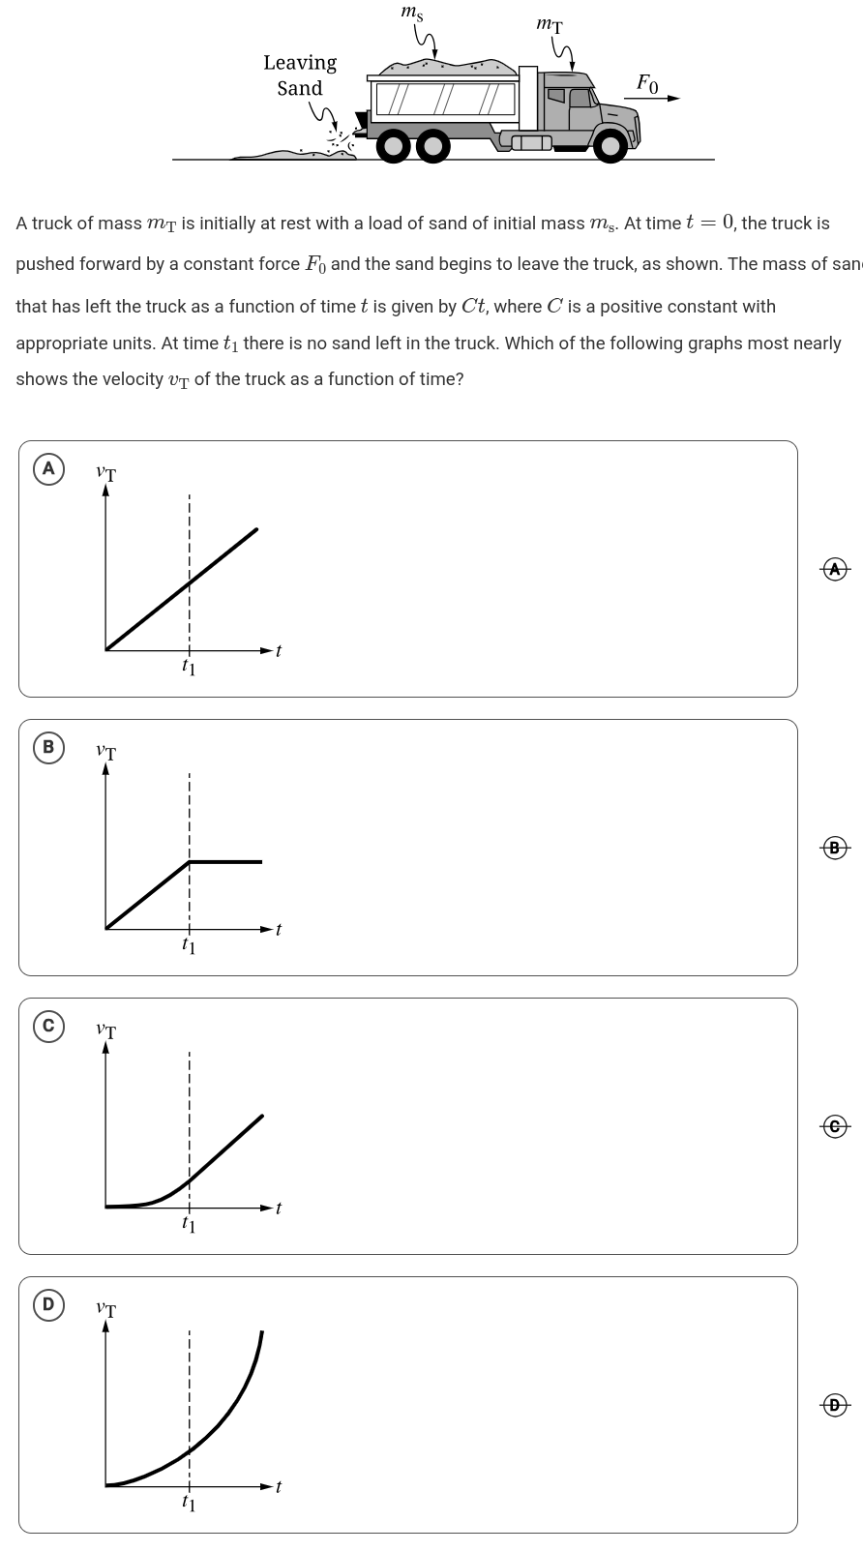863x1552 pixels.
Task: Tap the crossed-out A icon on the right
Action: pos(835,569)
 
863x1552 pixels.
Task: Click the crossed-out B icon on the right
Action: pos(835,848)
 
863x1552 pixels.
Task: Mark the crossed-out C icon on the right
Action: pos(835,1126)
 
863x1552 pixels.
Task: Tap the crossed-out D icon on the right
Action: pos(835,1405)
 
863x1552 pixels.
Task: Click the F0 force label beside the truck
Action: pos(647,85)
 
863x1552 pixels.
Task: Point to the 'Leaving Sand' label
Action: pos(300,75)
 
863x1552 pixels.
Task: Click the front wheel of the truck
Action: pos(610,146)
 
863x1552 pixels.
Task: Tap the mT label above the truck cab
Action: pos(549,25)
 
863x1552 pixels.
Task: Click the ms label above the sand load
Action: pos(412,14)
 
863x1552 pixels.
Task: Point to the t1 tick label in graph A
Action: pos(189,667)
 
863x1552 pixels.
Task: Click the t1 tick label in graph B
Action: pos(189,945)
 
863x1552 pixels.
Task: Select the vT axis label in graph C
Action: pos(105,1031)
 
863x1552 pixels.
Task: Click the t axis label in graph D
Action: pos(279,1486)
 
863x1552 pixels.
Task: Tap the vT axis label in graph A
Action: pos(105,474)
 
